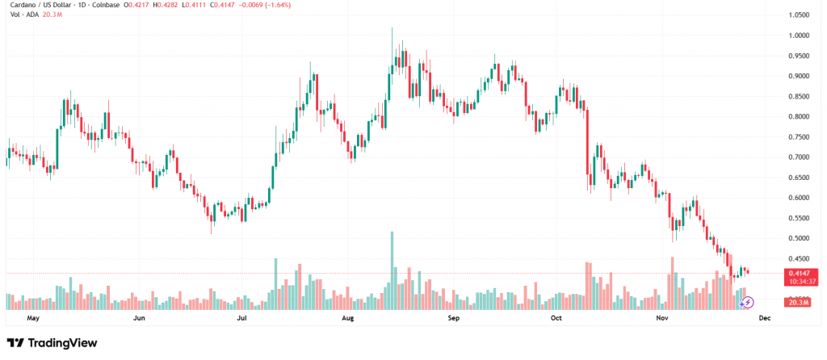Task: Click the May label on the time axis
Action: pyautogui.click(x=33, y=318)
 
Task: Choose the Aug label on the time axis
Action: pyautogui.click(x=348, y=318)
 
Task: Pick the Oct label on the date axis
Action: pyautogui.click(x=556, y=318)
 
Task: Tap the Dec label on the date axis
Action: pyautogui.click(x=765, y=318)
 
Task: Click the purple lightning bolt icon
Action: pyautogui.click(x=748, y=302)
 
